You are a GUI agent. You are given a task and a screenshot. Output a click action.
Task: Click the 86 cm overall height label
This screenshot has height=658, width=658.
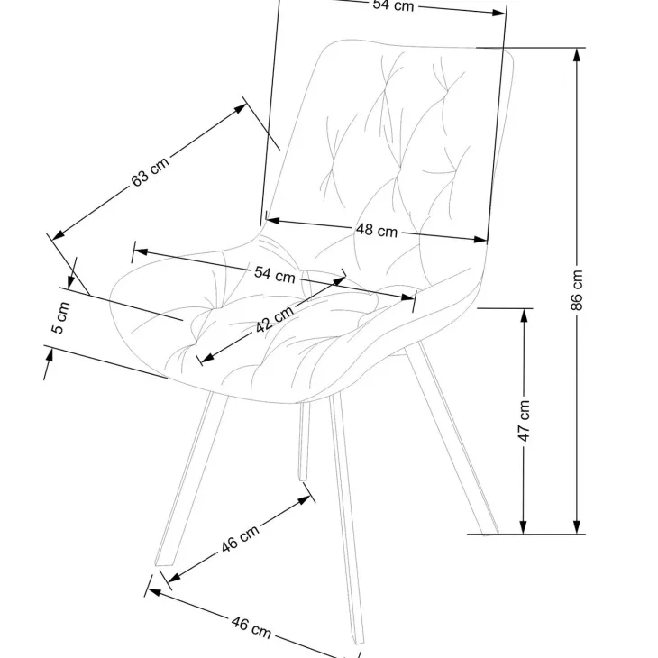tap(577, 290)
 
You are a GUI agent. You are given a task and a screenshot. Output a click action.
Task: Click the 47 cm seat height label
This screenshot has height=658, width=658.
tap(524, 420)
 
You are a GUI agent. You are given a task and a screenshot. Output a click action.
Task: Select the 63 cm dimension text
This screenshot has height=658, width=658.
tap(151, 171)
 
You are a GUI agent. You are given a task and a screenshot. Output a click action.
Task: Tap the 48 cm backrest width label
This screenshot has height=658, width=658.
tap(377, 230)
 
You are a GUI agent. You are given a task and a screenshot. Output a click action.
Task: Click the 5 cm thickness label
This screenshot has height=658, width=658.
tap(60, 317)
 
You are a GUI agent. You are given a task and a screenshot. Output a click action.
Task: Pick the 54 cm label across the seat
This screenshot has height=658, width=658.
tap(274, 274)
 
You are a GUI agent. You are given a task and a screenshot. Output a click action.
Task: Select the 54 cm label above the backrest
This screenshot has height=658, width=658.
tap(393, 5)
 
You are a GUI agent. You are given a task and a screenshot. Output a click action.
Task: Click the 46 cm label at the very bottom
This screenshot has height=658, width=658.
tap(251, 627)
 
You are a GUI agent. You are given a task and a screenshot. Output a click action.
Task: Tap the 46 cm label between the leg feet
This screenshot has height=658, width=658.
tap(240, 538)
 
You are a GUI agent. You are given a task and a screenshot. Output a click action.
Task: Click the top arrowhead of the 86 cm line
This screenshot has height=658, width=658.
tap(578, 55)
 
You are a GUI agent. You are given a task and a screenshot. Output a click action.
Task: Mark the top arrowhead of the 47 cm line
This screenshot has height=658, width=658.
tap(524, 315)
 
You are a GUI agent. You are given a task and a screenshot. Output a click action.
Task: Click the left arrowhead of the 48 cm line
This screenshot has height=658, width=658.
tap(273, 220)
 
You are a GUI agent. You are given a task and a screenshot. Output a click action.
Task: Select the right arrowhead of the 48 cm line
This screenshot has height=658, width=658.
tap(480, 240)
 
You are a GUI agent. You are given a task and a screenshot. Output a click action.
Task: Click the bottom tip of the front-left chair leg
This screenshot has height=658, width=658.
tap(163, 563)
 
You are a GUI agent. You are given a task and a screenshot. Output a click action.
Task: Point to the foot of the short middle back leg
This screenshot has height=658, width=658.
tap(303, 479)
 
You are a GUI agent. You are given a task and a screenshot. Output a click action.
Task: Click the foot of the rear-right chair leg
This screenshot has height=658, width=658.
tap(491, 534)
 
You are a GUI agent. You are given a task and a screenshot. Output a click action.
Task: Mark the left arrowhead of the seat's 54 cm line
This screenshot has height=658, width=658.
tap(141, 251)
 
